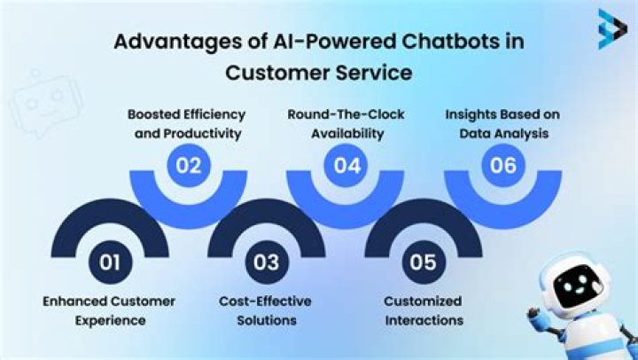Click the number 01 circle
pyautogui.click(x=109, y=262)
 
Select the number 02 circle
pyautogui.click(x=187, y=164)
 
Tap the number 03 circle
pyautogui.click(x=266, y=262)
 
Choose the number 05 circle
pyautogui.click(x=423, y=262)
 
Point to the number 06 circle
pyautogui.click(x=502, y=164)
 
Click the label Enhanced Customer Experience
pyautogui.click(x=109, y=310)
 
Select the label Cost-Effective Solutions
pyautogui.click(x=266, y=310)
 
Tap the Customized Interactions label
pyautogui.click(x=423, y=310)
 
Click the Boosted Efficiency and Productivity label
pyautogui.click(x=187, y=123)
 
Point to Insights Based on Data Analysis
pyautogui.click(x=502, y=123)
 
